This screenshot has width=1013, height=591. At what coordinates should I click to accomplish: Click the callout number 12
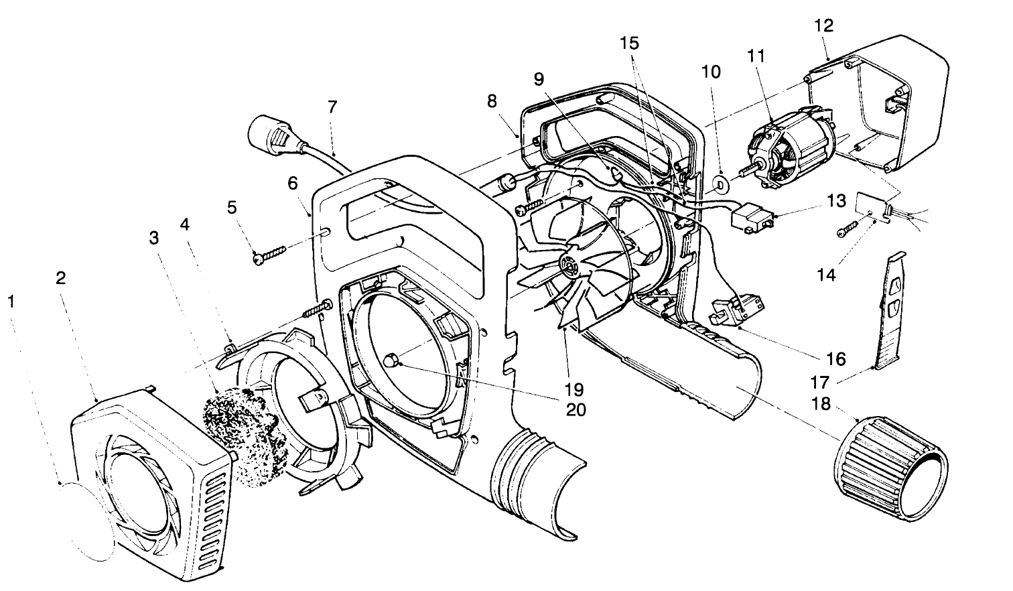tap(823, 26)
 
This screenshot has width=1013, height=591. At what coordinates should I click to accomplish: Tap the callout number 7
tap(332, 107)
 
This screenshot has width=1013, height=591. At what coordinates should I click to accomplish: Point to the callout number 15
tap(629, 44)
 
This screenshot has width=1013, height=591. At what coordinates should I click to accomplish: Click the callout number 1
tap(10, 302)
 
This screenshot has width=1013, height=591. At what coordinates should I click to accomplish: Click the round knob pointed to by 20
tap(391, 360)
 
